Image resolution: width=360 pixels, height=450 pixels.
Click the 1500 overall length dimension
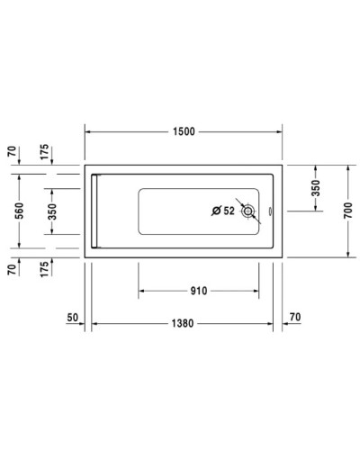[x=184, y=131]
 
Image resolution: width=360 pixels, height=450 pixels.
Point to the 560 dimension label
[x=19, y=210]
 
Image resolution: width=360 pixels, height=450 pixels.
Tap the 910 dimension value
[x=199, y=291]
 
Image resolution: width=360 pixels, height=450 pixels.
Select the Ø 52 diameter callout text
[x=221, y=211]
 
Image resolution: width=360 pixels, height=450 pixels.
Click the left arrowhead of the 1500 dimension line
[x=89, y=131]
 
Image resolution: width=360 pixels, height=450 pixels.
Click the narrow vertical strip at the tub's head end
[x=94, y=210]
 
